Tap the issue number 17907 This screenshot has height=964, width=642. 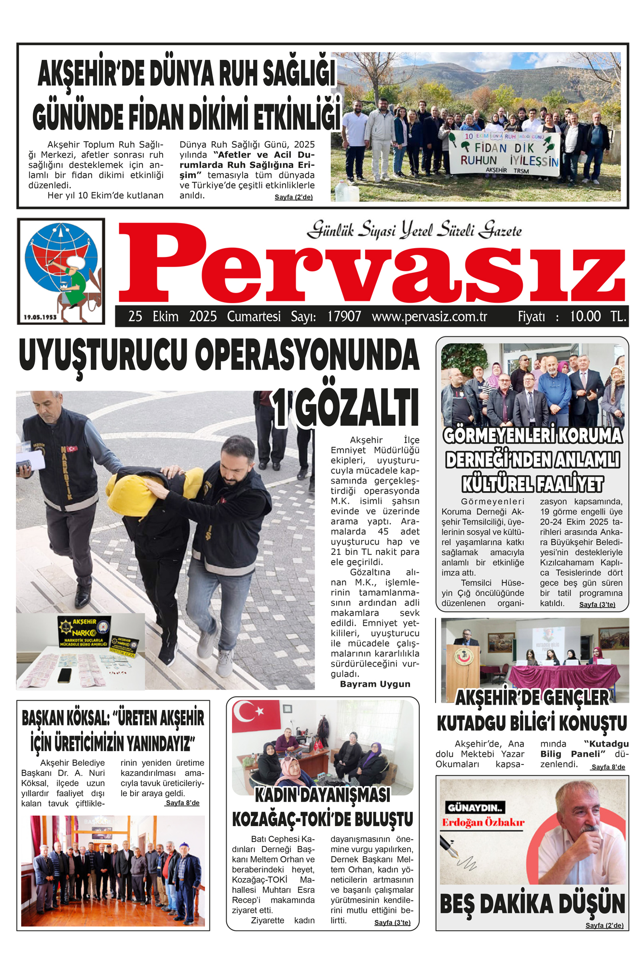click(344, 317)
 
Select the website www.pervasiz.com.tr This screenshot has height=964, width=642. click(429, 317)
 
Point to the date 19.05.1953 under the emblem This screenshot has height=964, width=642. click(40, 317)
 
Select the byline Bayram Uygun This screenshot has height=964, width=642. click(375, 684)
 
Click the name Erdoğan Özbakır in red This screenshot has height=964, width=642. click(483, 822)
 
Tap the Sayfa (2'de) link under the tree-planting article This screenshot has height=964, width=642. click(293, 197)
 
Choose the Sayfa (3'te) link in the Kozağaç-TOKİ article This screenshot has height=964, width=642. click(392, 923)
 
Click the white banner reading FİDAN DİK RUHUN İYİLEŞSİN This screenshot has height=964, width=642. click(504, 154)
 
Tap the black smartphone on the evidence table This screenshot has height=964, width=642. click(64, 675)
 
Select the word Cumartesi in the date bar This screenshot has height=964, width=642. click(254, 317)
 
